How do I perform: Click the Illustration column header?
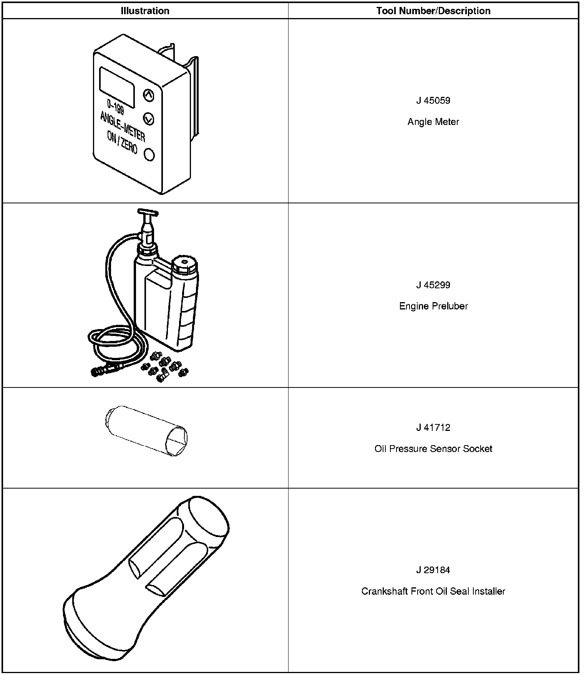point(145,11)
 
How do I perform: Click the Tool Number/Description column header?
point(433,11)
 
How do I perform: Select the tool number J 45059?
point(433,101)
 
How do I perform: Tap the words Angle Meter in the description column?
point(433,122)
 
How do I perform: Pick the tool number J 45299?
point(433,285)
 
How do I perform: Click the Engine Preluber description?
point(433,306)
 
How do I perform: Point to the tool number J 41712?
point(433,428)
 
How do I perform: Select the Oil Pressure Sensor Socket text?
point(433,449)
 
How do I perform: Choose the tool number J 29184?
point(433,570)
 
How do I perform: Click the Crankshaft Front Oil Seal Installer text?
point(433,591)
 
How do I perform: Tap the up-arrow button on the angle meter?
point(149,95)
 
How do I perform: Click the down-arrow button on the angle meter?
point(149,119)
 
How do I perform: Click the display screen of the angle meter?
point(117,87)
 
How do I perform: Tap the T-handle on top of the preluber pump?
point(148,213)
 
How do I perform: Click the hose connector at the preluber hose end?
point(101,371)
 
